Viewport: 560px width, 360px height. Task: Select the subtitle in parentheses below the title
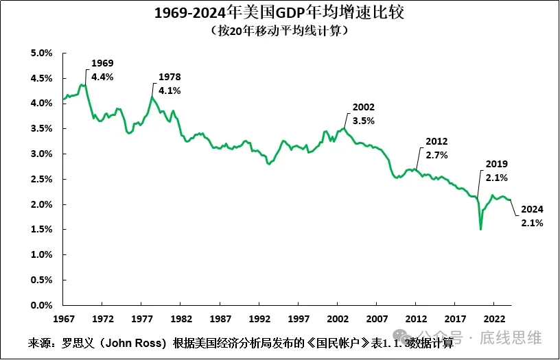point(280,31)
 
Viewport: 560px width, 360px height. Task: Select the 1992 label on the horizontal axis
point(259,319)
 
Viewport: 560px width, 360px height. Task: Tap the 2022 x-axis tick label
point(494,319)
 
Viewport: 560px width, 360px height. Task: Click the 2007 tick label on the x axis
point(376,319)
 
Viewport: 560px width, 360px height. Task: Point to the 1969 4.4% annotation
point(102,70)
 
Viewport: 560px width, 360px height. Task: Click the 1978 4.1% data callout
point(170,83)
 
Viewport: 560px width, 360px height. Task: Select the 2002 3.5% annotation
point(364,114)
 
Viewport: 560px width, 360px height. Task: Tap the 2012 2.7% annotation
point(436,148)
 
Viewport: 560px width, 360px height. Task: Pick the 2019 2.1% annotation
point(496,171)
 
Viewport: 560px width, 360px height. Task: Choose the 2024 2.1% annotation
point(532,216)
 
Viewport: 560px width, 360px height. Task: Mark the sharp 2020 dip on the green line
point(480,228)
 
